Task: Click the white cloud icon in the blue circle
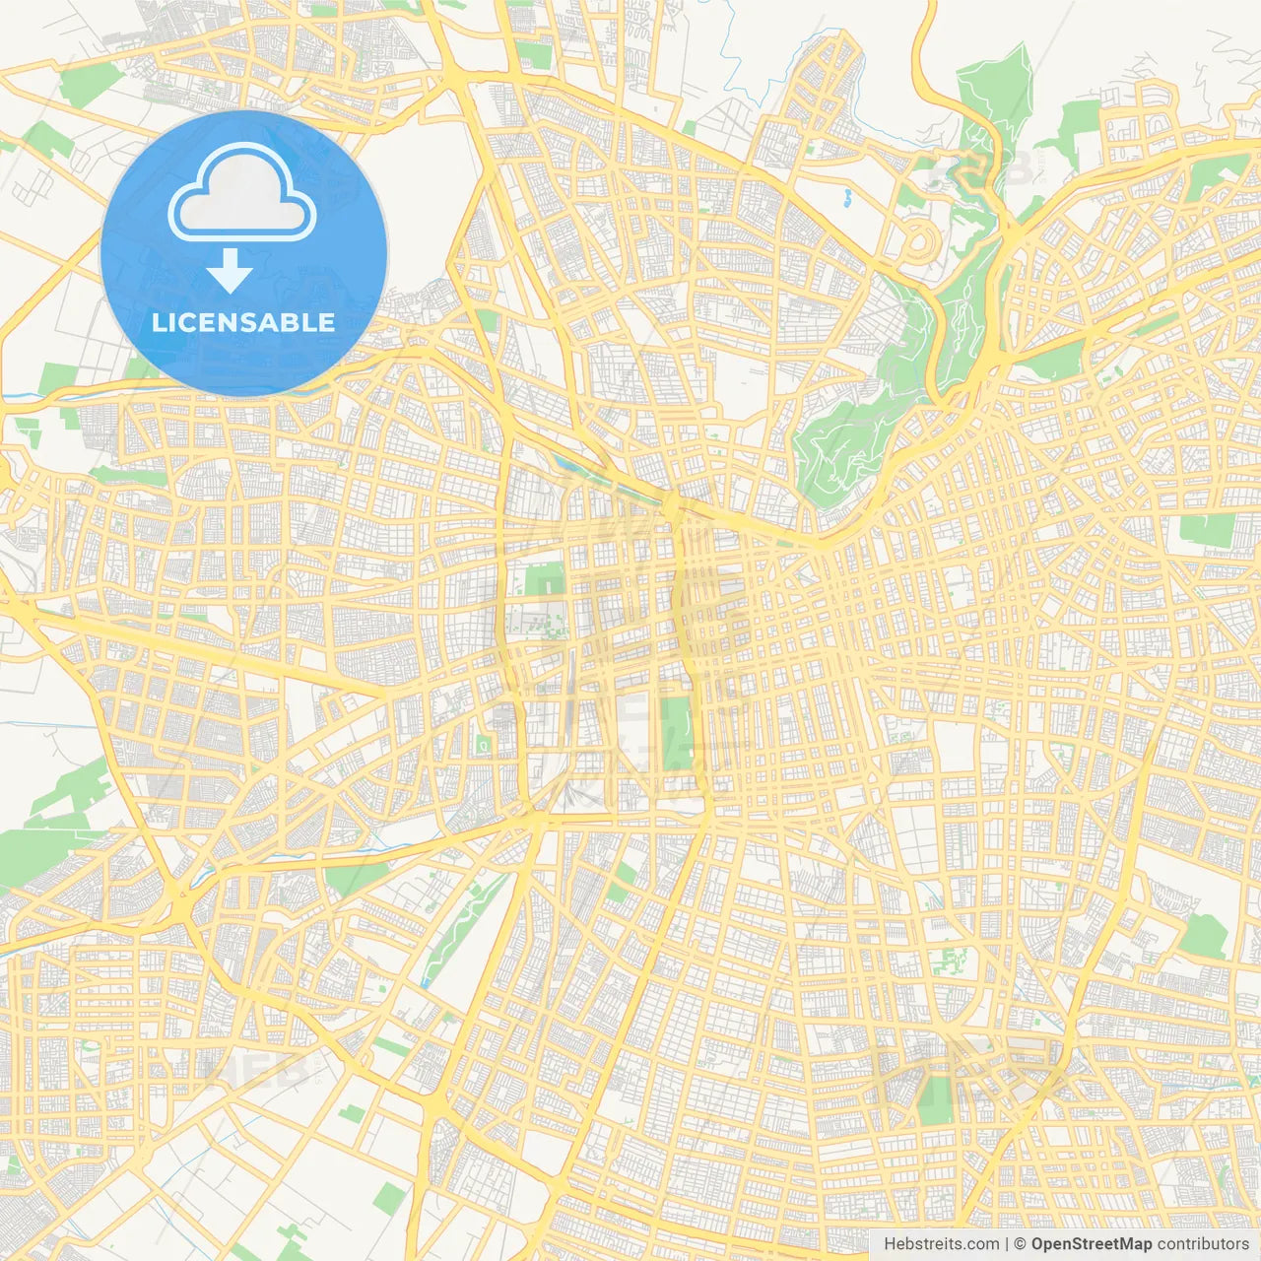pyautogui.click(x=242, y=193)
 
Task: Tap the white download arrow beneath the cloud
pyautogui.click(x=230, y=271)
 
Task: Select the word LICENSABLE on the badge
pyautogui.click(x=243, y=322)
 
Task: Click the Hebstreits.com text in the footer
pyautogui.click(x=941, y=1244)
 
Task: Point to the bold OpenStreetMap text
pyautogui.click(x=1091, y=1244)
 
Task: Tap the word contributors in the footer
pyautogui.click(x=1203, y=1244)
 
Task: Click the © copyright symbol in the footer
pyautogui.click(x=1021, y=1244)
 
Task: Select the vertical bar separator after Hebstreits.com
pyautogui.click(x=1007, y=1244)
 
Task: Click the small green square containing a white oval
pyautogui.click(x=484, y=746)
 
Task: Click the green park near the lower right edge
pyautogui.click(x=1204, y=935)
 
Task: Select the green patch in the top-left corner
pyautogui.click(x=90, y=87)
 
